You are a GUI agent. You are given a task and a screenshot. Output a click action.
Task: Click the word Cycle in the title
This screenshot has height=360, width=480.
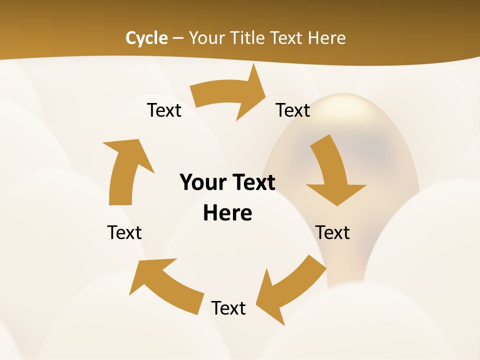(146, 38)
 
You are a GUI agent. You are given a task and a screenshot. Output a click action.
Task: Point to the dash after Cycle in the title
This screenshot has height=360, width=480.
(178, 38)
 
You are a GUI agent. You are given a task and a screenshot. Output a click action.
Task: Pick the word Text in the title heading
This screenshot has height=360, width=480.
(287, 38)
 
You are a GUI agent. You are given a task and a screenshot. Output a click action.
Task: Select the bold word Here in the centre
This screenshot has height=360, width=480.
(227, 213)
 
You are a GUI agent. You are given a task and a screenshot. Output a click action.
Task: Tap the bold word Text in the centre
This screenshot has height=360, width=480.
(252, 183)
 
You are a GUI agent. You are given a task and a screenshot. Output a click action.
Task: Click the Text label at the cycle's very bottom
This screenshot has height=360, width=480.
(228, 308)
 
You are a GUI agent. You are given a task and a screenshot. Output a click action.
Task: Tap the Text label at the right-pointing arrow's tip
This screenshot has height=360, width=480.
(293, 110)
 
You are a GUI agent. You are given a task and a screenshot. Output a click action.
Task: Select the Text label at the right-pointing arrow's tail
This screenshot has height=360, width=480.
(164, 110)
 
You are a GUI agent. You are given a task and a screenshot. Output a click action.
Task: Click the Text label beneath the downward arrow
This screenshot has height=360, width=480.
(332, 232)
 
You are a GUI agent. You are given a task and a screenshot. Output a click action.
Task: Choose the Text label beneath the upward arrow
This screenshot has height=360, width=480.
(124, 232)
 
